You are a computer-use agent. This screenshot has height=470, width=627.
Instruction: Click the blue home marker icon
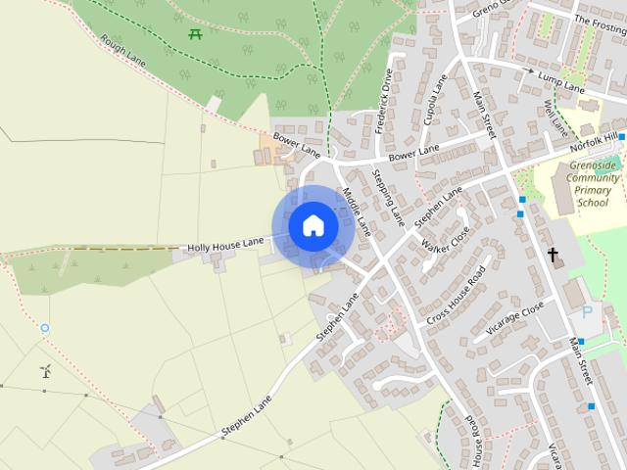tap(313, 225)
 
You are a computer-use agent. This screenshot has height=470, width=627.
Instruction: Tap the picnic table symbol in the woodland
tap(195, 34)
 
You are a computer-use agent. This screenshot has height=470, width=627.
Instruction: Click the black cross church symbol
tap(553, 256)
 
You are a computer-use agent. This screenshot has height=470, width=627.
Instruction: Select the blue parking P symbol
tap(587, 312)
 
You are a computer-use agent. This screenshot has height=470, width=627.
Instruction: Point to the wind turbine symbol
tap(45, 371)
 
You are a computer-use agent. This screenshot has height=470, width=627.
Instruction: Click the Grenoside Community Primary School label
tap(593, 184)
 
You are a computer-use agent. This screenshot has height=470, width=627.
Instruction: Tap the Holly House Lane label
tap(226, 242)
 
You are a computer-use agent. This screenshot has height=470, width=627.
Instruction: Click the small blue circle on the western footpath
tap(44, 328)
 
